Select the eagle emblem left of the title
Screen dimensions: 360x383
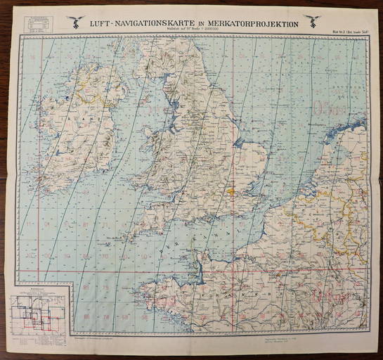point(76,21)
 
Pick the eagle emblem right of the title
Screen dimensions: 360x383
point(313,21)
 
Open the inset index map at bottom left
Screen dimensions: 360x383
point(41,309)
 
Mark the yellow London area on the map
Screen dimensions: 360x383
point(230,190)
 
